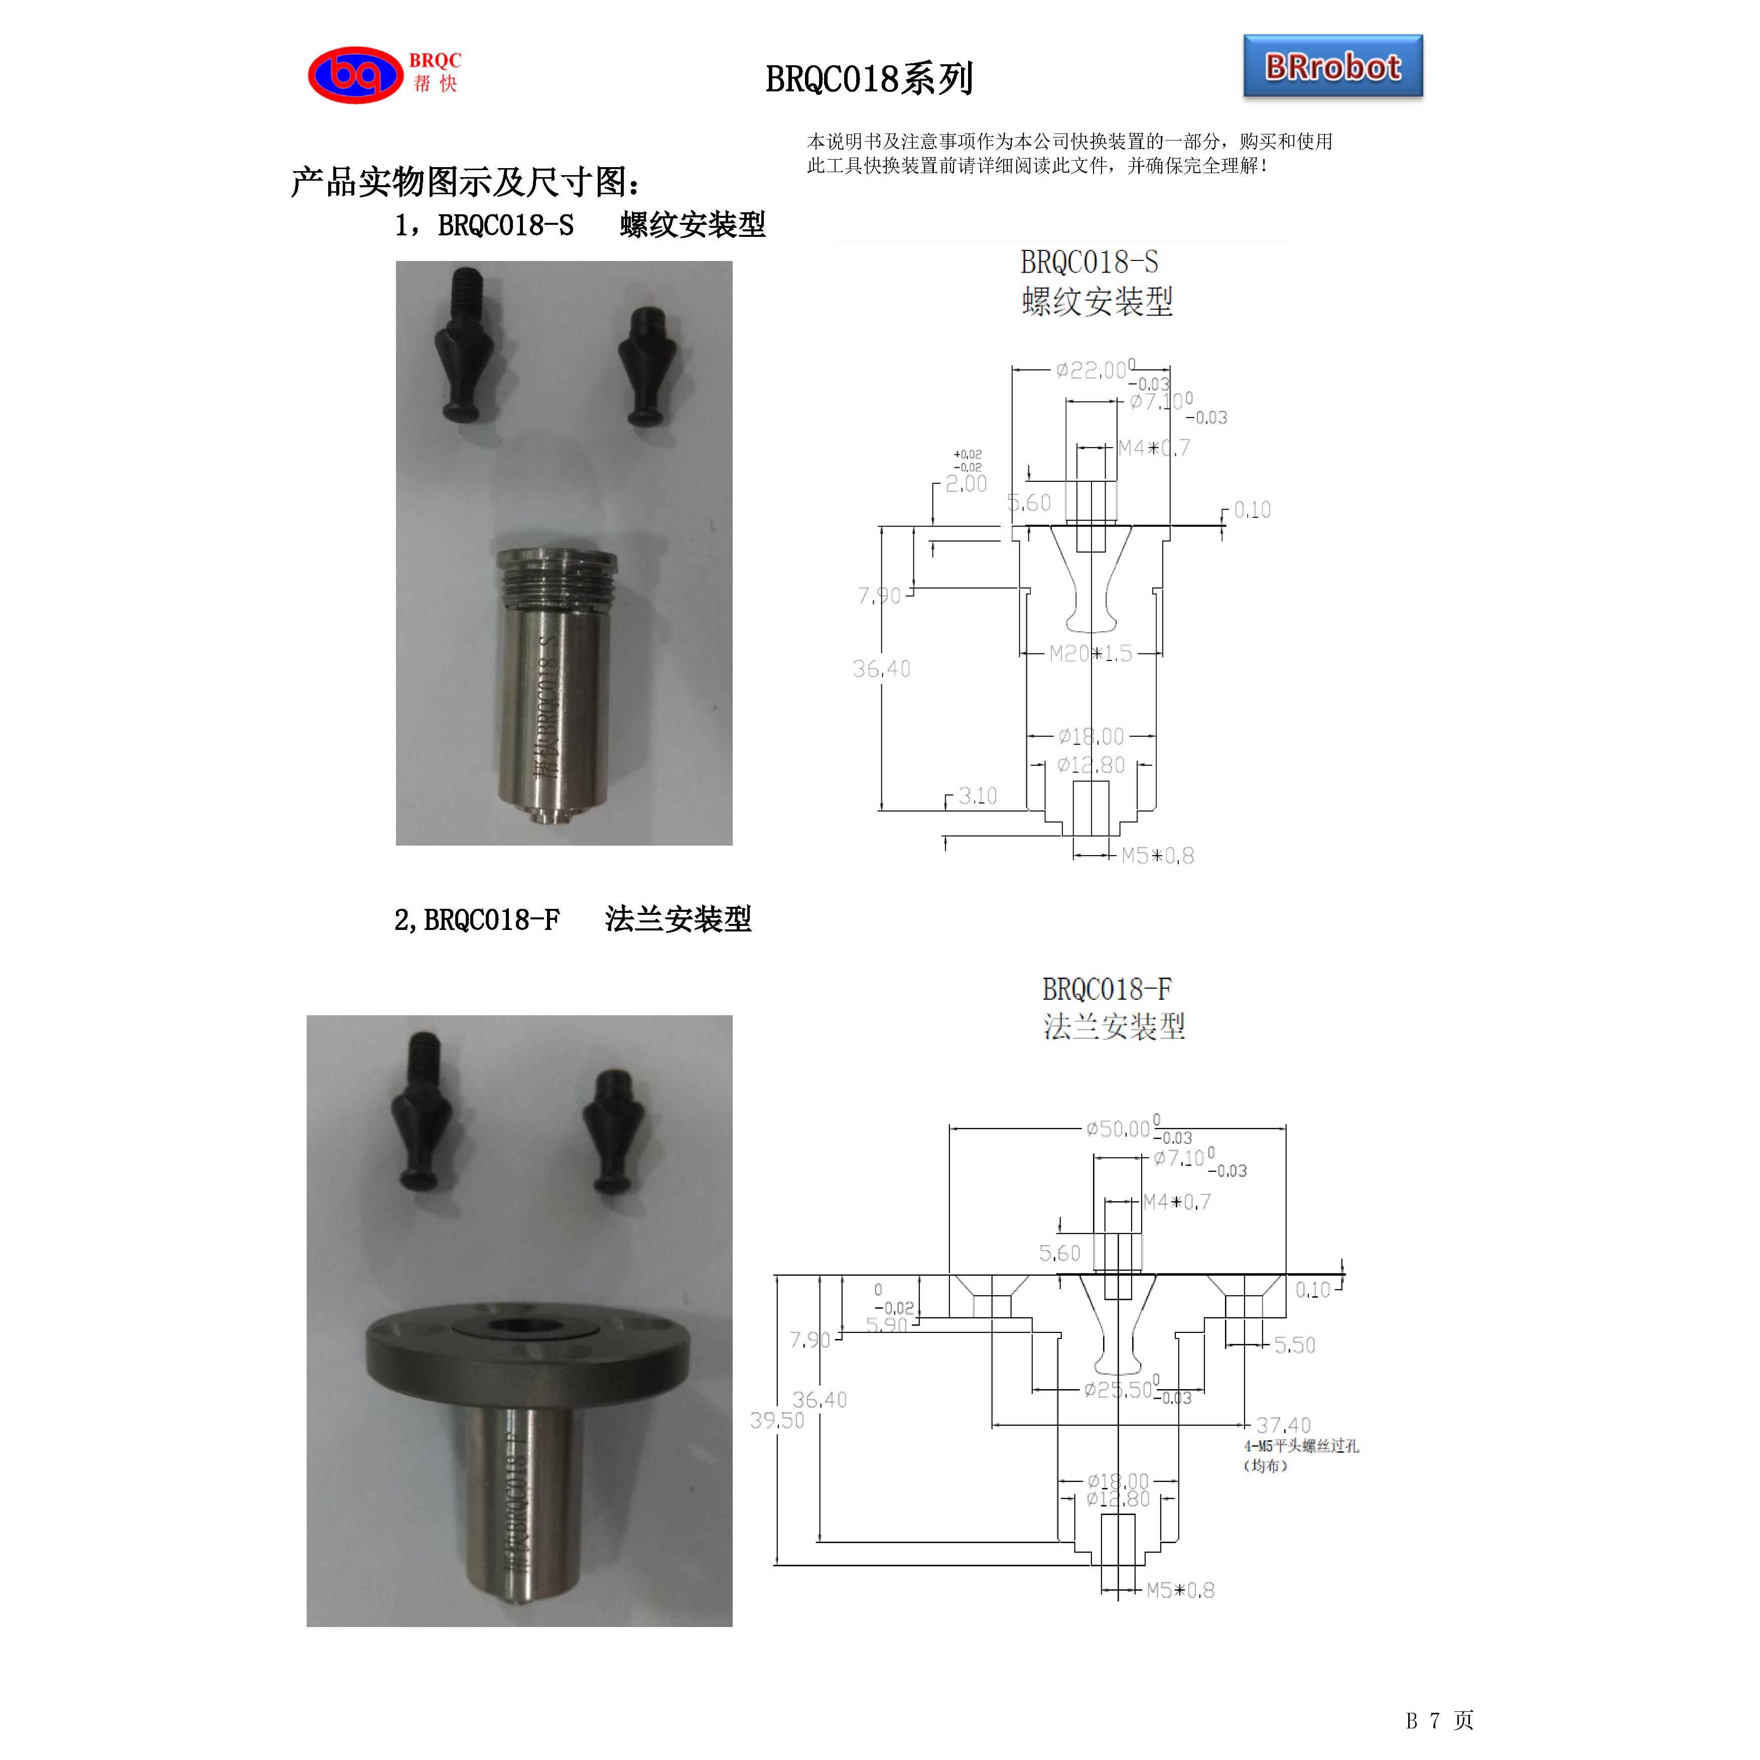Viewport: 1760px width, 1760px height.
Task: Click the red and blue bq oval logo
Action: pyautogui.click(x=355, y=75)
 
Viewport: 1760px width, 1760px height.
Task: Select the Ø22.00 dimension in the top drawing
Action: pyautogui.click(x=1092, y=370)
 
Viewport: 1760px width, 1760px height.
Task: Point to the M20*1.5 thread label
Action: pyautogui.click(x=1091, y=653)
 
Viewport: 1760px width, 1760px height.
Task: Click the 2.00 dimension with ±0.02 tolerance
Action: pyautogui.click(x=966, y=484)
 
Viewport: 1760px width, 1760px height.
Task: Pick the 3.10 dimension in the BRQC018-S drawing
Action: pyautogui.click(x=978, y=795)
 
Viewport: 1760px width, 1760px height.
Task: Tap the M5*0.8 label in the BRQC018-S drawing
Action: pyautogui.click(x=1157, y=855)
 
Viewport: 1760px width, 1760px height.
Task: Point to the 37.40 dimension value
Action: pyautogui.click(x=1283, y=1425)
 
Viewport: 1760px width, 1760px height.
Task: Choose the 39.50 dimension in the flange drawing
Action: pyautogui.click(x=776, y=1420)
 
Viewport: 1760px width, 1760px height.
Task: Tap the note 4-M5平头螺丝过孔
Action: pyautogui.click(x=1301, y=1446)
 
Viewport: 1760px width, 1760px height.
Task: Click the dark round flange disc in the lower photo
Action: pyautogui.click(x=526, y=1349)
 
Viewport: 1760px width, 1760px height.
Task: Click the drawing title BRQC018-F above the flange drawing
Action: pyautogui.click(x=1106, y=989)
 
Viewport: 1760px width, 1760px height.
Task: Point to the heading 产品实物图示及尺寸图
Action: pyautogui.click(x=465, y=182)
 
